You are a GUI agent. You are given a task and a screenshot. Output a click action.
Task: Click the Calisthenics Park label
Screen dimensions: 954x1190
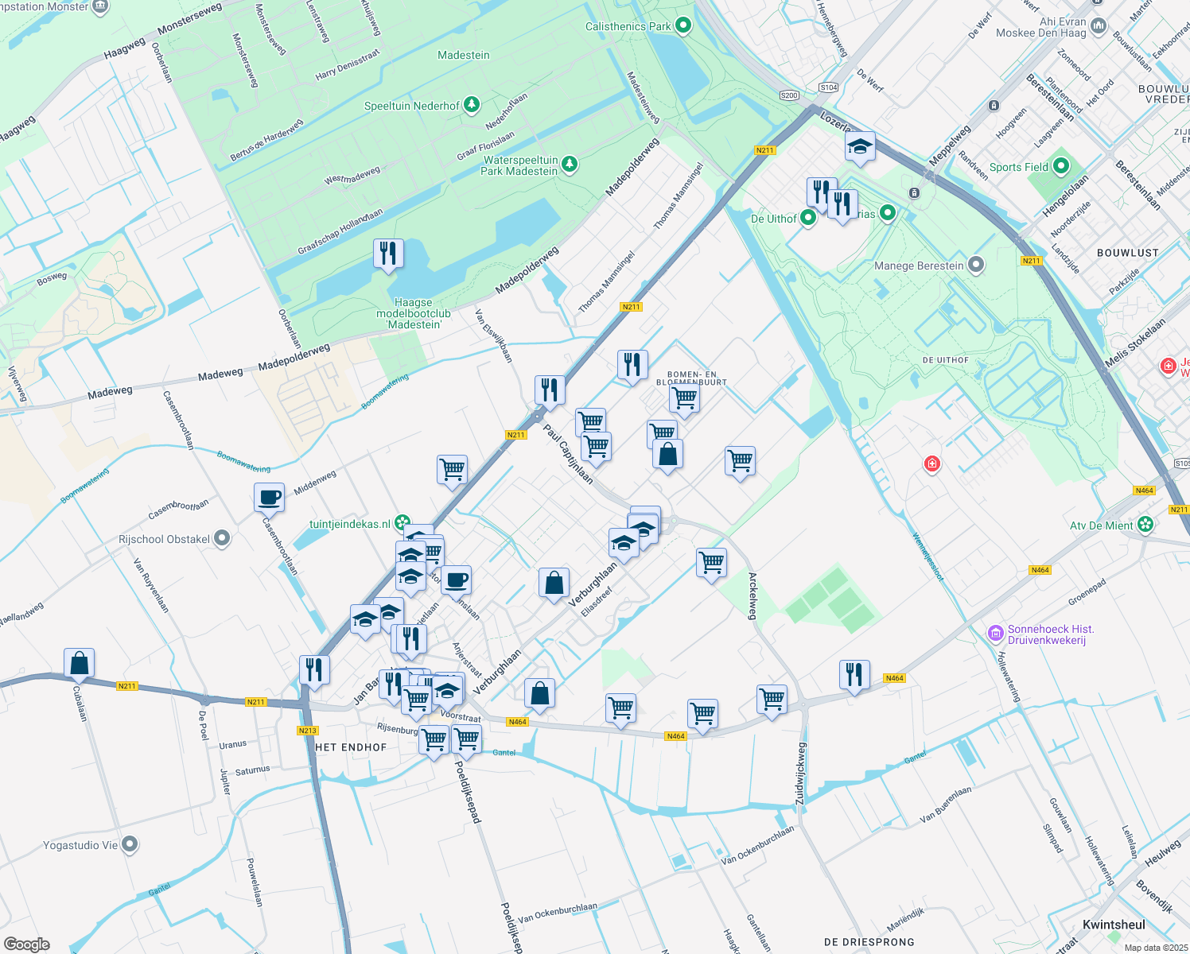[x=628, y=26]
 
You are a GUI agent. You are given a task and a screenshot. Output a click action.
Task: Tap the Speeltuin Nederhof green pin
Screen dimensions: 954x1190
[x=472, y=105]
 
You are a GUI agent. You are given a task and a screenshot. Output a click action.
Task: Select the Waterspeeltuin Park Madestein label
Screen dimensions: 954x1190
[x=520, y=165]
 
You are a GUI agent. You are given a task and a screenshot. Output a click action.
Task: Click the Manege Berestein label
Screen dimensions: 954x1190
[x=919, y=266]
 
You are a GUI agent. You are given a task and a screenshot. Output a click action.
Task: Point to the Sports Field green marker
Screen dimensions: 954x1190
[x=1061, y=167]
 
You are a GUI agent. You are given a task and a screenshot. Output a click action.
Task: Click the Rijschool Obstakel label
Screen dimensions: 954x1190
[x=164, y=539]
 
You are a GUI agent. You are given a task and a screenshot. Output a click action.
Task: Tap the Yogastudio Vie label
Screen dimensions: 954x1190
[x=80, y=845]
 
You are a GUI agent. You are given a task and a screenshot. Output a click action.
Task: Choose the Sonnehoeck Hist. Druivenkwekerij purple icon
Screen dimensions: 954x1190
[x=995, y=633]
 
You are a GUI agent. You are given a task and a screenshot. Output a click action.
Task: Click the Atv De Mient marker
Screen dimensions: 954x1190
[x=1145, y=525]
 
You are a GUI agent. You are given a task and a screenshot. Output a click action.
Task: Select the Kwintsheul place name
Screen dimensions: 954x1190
[x=1114, y=925]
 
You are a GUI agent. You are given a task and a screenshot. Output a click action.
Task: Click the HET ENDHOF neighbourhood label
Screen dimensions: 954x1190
[x=351, y=747]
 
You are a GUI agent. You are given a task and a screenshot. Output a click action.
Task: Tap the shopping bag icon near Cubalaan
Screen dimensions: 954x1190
[x=80, y=662]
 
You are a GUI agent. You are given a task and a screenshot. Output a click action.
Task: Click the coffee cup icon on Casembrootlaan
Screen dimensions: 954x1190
[x=270, y=497]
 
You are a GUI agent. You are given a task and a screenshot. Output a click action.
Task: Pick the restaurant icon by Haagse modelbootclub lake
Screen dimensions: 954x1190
[x=388, y=254]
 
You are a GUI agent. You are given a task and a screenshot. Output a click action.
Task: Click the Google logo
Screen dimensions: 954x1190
[x=26, y=944]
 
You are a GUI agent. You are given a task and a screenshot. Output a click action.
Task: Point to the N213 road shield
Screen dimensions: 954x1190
[x=307, y=731]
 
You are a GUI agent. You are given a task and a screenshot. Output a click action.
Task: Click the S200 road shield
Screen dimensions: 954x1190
[x=789, y=95]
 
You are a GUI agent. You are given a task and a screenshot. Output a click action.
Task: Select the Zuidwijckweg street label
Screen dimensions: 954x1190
[x=801, y=774]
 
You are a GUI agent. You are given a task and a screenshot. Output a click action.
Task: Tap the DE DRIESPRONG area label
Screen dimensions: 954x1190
[x=869, y=942]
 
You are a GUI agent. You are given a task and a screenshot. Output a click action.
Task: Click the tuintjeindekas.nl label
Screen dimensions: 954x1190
[x=350, y=524]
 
